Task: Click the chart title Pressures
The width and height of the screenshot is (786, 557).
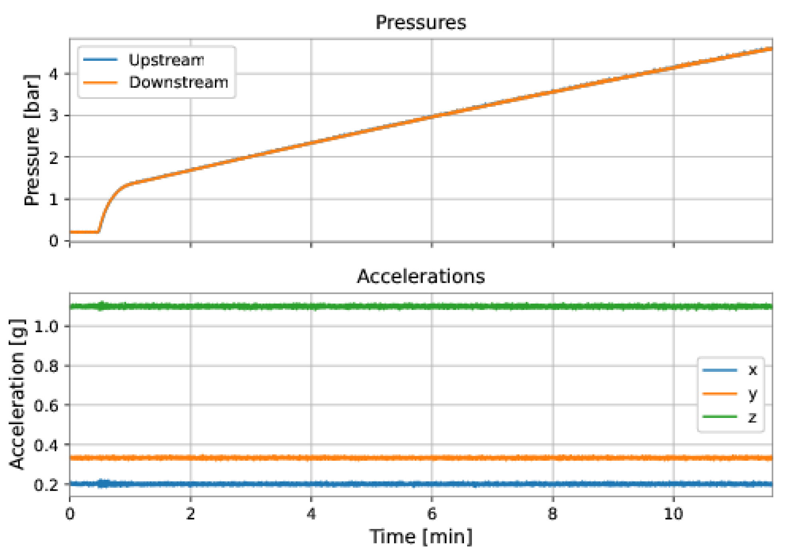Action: click(420, 22)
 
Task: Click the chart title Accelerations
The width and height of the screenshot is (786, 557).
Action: click(420, 276)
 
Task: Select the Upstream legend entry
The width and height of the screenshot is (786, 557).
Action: click(166, 60)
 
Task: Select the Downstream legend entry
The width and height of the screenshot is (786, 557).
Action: click(178, 82)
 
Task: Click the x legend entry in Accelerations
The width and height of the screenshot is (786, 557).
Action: click(752, 370)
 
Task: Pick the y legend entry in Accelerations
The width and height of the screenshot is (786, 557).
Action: click(752, 393)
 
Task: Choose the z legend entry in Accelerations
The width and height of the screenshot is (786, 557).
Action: click(752, 417)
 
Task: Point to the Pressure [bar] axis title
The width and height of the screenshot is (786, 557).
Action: click(32, 140)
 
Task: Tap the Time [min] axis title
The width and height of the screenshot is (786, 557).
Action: click(420, 537)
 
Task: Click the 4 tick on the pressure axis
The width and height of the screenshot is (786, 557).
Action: click(54, 74)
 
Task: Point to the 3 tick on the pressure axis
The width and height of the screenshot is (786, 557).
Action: click(54, 116)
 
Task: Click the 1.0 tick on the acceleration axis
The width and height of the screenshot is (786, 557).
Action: click(46, 327)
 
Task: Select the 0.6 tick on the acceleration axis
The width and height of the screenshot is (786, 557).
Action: click(46, 405)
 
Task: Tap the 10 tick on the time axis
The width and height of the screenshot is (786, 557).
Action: click(673, 514)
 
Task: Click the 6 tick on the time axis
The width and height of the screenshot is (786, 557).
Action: click(432, 514)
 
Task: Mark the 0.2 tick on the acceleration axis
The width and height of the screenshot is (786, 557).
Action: click(46, 485)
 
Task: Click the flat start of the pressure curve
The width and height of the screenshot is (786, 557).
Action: click(84, 232)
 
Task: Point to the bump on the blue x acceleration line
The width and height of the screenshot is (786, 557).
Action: click(103, 483)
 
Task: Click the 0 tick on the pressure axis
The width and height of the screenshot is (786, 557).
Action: click(54, 241)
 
